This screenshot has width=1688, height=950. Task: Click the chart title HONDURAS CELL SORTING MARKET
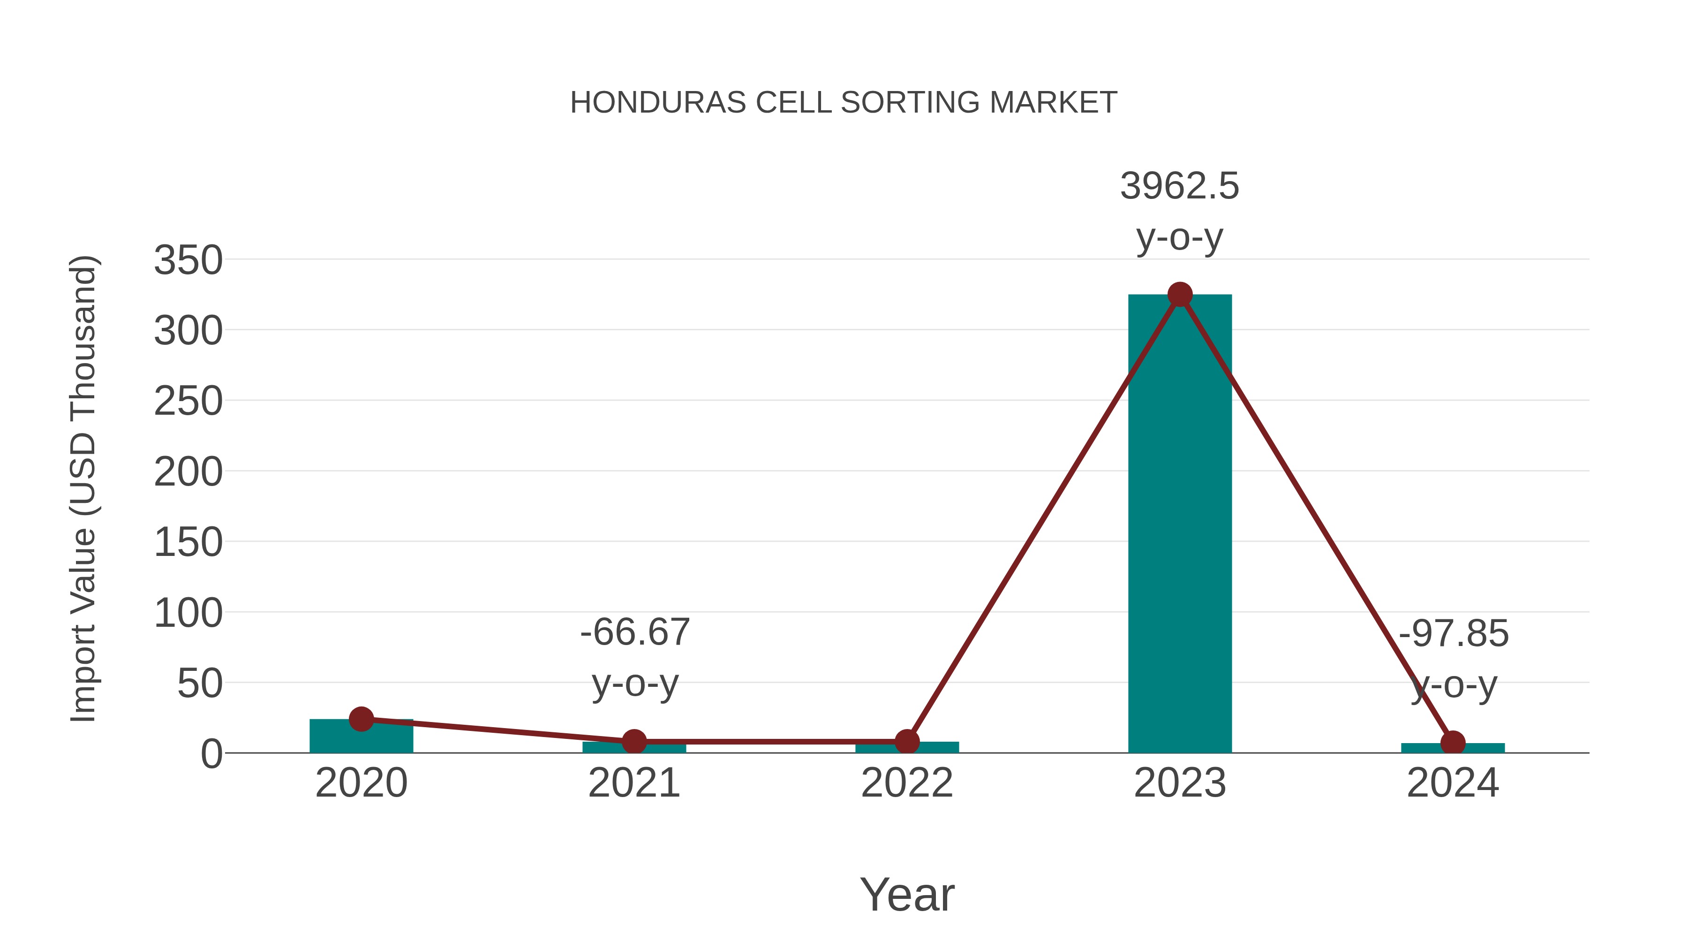pyautogui.click(x=844, y=103)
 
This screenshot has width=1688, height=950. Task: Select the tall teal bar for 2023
pyautogui.click(x=1180, y=524)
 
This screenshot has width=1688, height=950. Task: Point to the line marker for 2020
pyautogui.click(x=361, y=719)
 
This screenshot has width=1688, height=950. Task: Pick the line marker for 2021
pyautogui.click(x=633, y=742)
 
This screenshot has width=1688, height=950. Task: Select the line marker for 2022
pyautogui.click(x=907, y=742)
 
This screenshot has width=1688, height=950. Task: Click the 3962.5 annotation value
pyautogui.click(x=1180, y=186)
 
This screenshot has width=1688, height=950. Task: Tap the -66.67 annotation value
pyautogui.click(x=634, y=633)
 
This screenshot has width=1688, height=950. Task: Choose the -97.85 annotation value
pyautogui.click(x=1454, y=634)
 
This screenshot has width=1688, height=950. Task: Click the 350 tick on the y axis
pyautogui.click(x=188, y=260)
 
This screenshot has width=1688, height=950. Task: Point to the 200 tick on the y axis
pyautogui.click(x=188, y=472)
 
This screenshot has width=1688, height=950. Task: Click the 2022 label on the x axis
pyautogui.click(x=907, y=783)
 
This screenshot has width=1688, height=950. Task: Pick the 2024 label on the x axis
pyautogui.click(x=1453, y=783)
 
